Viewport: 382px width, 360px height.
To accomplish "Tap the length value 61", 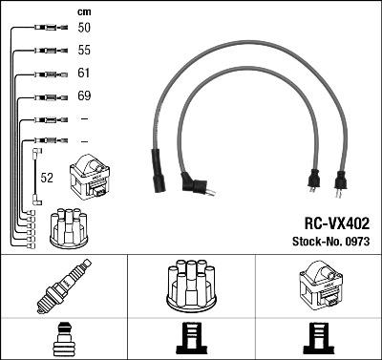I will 83,72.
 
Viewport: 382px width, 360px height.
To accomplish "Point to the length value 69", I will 83,95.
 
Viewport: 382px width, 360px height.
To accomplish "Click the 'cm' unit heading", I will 82,11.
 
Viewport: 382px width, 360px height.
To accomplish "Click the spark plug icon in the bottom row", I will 62,287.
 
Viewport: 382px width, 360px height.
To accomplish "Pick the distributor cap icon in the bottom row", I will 190,286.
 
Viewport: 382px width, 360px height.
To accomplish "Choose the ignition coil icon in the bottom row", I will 317,286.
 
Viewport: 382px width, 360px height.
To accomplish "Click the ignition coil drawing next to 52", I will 90,178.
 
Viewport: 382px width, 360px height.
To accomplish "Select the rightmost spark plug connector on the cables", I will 337,179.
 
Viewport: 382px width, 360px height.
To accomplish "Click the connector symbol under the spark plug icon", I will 62,341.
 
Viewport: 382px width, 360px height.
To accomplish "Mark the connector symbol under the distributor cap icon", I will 190,341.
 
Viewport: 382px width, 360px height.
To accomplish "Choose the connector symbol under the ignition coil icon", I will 317,341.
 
